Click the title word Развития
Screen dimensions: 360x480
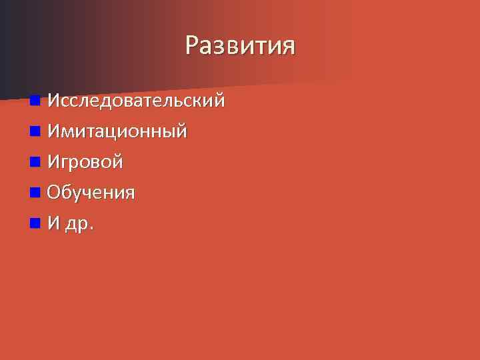[240, 46]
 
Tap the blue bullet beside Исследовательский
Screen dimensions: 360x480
[35, 101]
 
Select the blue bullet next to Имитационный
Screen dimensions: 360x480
[35, 131]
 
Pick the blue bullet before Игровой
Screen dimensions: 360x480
[35, 162]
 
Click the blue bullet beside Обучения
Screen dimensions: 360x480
[35, 193]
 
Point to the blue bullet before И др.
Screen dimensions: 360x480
[35, 223]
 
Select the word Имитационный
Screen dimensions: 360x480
[117, 131]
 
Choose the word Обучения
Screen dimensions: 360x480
[91, 193]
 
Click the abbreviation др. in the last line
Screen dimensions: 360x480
[78, 225]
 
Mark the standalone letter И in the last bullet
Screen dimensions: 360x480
[54, 223]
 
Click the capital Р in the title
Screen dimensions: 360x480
[193, 46]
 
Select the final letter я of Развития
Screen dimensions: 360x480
[287, 47]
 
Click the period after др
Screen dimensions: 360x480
[91, 228]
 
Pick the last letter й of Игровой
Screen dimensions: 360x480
[117, 162]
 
